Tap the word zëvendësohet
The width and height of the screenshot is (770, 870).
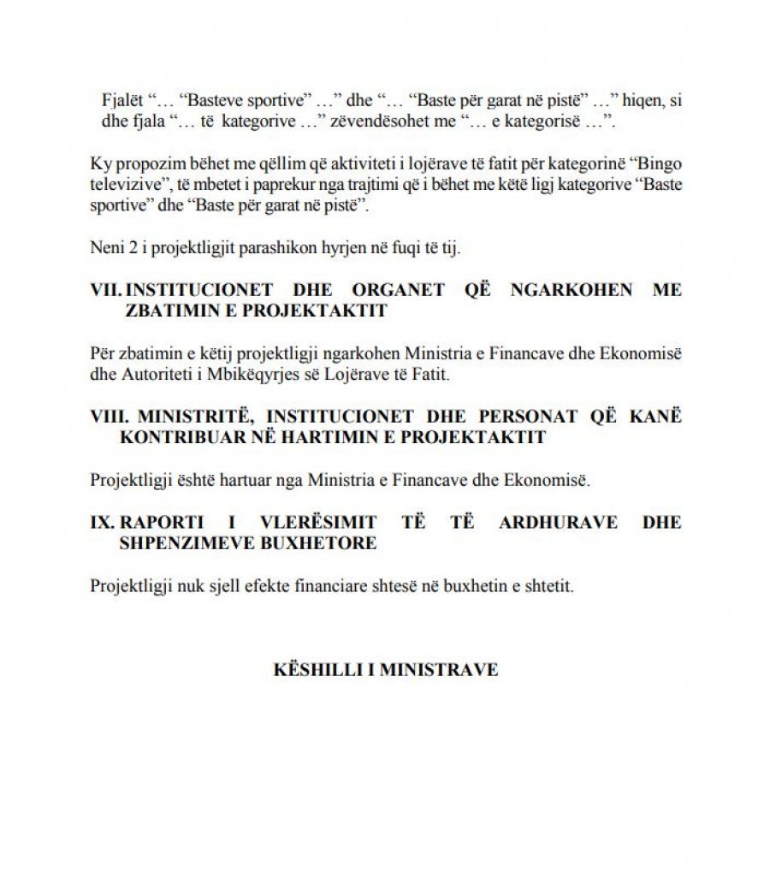click(410, 121)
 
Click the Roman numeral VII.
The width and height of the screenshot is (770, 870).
click(105, 289)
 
